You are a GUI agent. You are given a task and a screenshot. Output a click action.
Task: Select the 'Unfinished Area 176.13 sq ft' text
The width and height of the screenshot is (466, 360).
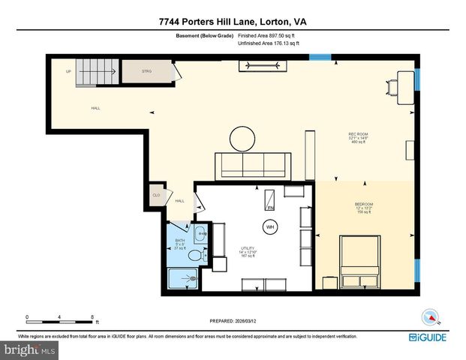click(269, 43)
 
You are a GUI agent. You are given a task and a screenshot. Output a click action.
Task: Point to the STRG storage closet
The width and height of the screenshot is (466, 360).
click(147, 73)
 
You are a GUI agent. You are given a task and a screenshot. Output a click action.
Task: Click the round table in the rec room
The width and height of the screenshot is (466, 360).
click(243, 138)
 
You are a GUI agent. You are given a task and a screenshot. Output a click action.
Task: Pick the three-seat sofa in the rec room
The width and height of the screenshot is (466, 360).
click(253, 165)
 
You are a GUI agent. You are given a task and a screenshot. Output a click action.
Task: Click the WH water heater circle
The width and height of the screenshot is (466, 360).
click(269, 226)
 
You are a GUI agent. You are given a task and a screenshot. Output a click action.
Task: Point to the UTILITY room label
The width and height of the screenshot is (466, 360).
click(248, 251)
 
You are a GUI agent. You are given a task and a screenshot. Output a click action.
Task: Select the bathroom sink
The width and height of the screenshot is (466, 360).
click(198, 235)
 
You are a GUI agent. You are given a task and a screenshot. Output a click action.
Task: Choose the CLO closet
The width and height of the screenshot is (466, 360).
click(157, 195)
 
